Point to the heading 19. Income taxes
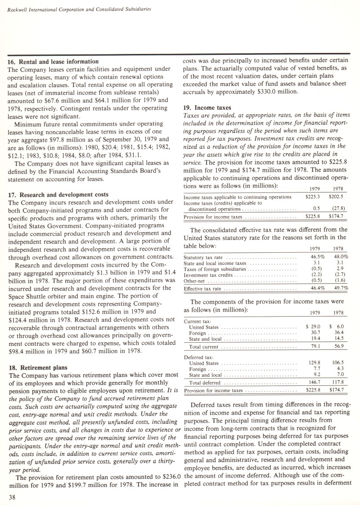coord(207,108)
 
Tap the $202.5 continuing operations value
coord(336,197)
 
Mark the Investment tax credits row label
coord(208,275)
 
